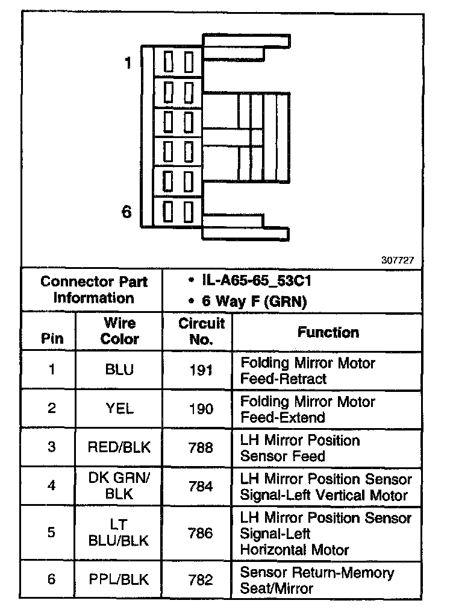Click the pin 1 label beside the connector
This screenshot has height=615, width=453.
tap(127, 63)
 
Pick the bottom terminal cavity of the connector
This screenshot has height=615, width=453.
tap(179, 212)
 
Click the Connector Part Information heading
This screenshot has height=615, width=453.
tap(93, 290)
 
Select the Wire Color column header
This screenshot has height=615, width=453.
tap(119, 331)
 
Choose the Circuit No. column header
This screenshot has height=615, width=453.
tap(201, 331)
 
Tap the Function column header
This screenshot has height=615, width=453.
tap(328, 332)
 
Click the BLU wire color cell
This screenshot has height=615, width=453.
tap(119, 370)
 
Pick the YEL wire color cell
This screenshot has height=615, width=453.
tap(119, 409)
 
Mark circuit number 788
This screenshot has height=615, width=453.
tap(201, 448)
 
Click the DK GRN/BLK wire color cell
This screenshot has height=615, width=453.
tap(119, 487)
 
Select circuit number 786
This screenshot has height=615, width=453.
tap(201, 534)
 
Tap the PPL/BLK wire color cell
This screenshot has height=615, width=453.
tap(119, 579)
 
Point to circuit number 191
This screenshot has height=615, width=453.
tap(201, 370)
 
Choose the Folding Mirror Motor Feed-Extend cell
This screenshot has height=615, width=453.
tap(308, 409)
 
